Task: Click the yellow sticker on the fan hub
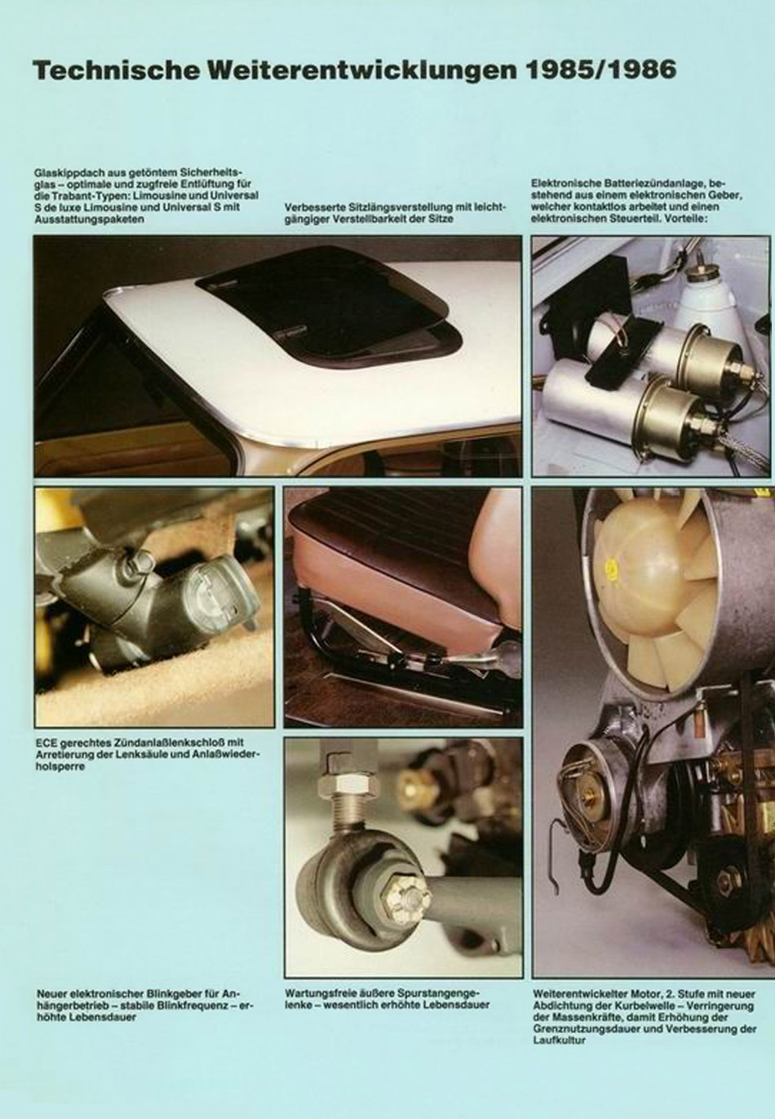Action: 610,567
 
